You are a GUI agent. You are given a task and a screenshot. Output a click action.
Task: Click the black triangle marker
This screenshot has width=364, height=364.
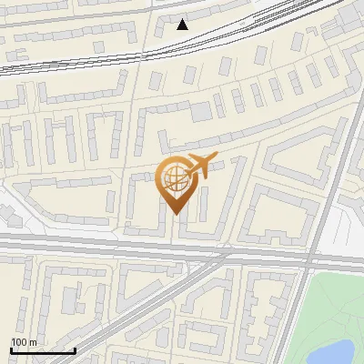coord(182,25)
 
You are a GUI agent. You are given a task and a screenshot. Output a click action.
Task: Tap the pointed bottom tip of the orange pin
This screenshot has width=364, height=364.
coord(173,214)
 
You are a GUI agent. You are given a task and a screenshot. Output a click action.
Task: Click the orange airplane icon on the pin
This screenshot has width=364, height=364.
coord(199,165)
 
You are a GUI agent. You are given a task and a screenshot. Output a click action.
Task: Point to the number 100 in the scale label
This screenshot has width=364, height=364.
coord(19,342)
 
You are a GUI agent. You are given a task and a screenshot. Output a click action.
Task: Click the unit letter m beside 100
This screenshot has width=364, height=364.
coord(33,342)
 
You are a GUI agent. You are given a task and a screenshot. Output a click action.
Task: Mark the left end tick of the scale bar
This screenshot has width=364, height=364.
coord(12,350)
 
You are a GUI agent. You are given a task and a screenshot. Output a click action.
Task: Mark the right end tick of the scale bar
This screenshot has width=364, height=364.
coord(75,350)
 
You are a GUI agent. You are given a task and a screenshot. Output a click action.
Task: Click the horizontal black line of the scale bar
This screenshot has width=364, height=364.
coord(43,351)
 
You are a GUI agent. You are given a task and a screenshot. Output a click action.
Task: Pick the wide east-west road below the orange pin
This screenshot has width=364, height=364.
coord(109,244)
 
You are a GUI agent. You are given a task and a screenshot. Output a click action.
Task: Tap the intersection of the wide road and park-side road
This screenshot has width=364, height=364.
coord(313,257)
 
